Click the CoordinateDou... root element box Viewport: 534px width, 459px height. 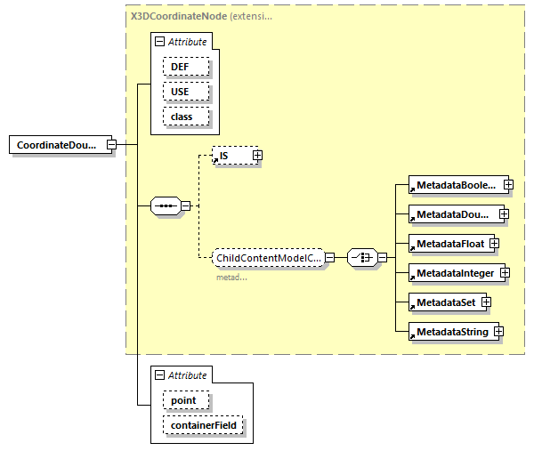pos(58,145)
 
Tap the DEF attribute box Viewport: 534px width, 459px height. pos(185,67)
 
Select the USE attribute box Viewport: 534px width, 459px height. pos(185,92)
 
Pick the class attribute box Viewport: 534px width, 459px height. pos(185,117)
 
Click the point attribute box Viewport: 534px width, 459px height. pos(184,401)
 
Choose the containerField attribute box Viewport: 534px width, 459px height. pos(202,427)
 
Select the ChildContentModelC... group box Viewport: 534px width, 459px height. pos(268,258)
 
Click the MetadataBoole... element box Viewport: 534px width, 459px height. pos(455,185)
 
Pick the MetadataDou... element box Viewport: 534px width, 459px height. pos(452,214)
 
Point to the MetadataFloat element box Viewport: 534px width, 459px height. pos(447,243)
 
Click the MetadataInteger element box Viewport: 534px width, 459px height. pos(453,272)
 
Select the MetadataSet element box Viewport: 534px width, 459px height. pos(443,302)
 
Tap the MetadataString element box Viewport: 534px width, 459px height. pos(449,332)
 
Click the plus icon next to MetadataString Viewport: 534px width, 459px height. pos(498,332)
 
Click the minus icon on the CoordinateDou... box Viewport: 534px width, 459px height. pos(111,145)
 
